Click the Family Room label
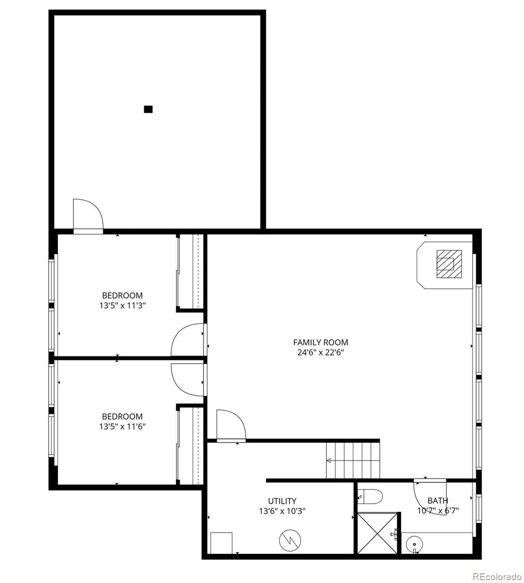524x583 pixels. (321, 343)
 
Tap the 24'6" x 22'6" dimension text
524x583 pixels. (321, 353)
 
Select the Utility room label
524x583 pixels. (282, 501)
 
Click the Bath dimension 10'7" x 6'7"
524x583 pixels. (438, 511)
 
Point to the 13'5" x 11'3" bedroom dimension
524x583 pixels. (122, 306)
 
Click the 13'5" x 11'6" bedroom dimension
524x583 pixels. (122, 427)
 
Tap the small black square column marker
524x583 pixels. (148, 109)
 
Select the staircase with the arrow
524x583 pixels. (352, 460)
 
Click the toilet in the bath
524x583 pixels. (372, 497)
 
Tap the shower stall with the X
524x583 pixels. (378, 533)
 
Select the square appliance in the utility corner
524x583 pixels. (221, 543)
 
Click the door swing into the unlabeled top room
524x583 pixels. (87, 215)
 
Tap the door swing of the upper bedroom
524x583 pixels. (188, 340)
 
